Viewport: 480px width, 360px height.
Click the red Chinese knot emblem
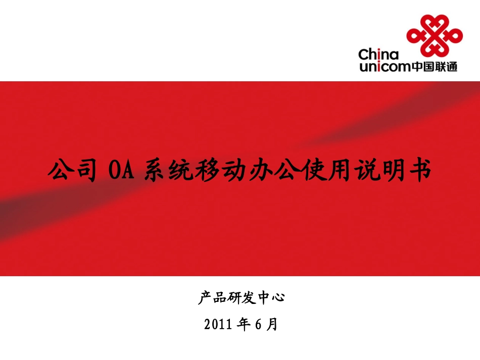click(434, 35)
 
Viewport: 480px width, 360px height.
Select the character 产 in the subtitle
click(204, 298)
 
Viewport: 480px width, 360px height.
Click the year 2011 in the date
click(219, 324)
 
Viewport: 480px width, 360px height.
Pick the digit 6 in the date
click(258, 324)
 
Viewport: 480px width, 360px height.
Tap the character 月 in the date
click(272, 324)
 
